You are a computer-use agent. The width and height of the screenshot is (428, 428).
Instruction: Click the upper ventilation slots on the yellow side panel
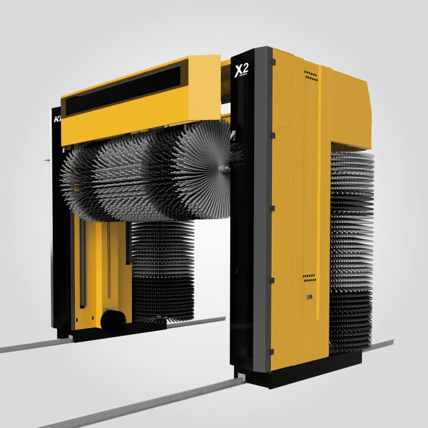310,76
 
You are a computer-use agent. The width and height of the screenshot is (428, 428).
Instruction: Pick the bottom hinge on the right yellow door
271,351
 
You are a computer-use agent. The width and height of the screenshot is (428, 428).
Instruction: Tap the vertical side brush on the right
351,245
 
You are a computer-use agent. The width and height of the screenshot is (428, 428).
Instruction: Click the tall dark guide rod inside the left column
82,262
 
